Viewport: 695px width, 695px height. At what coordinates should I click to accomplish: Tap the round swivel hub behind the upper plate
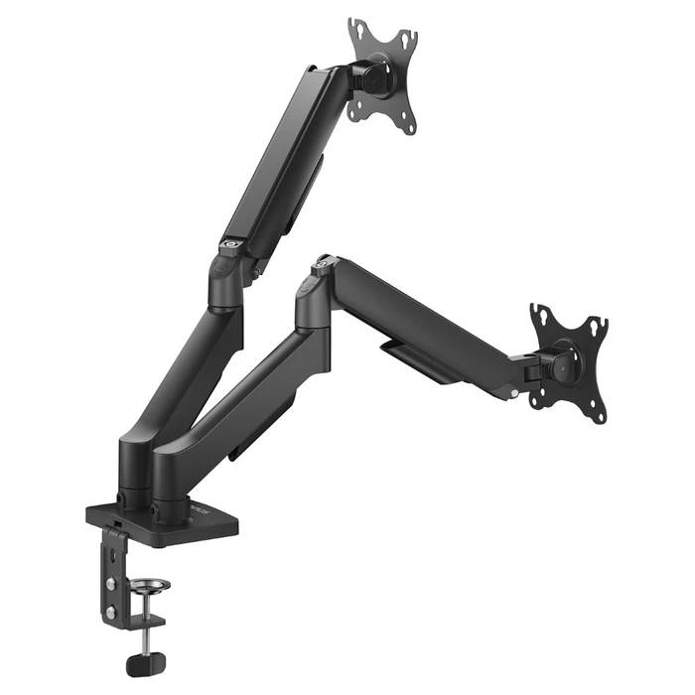[373, 77]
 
